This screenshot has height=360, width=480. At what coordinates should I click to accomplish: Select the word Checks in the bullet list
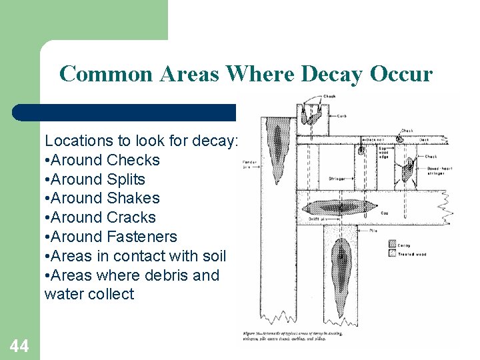(133, 160)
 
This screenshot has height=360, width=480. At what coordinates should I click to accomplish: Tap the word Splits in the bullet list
(125, 179)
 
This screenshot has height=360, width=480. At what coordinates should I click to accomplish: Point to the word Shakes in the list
(133, 198)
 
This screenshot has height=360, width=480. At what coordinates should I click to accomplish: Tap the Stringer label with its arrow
(337, 179)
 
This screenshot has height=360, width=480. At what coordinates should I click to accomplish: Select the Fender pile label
(249, 163)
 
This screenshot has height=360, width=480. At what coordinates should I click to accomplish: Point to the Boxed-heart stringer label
(439, 171)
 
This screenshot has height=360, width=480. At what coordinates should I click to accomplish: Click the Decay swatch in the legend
(392, 245)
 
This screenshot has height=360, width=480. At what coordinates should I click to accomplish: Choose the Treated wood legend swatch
(392, 254)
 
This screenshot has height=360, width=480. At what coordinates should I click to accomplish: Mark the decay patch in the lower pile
(341, 260)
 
